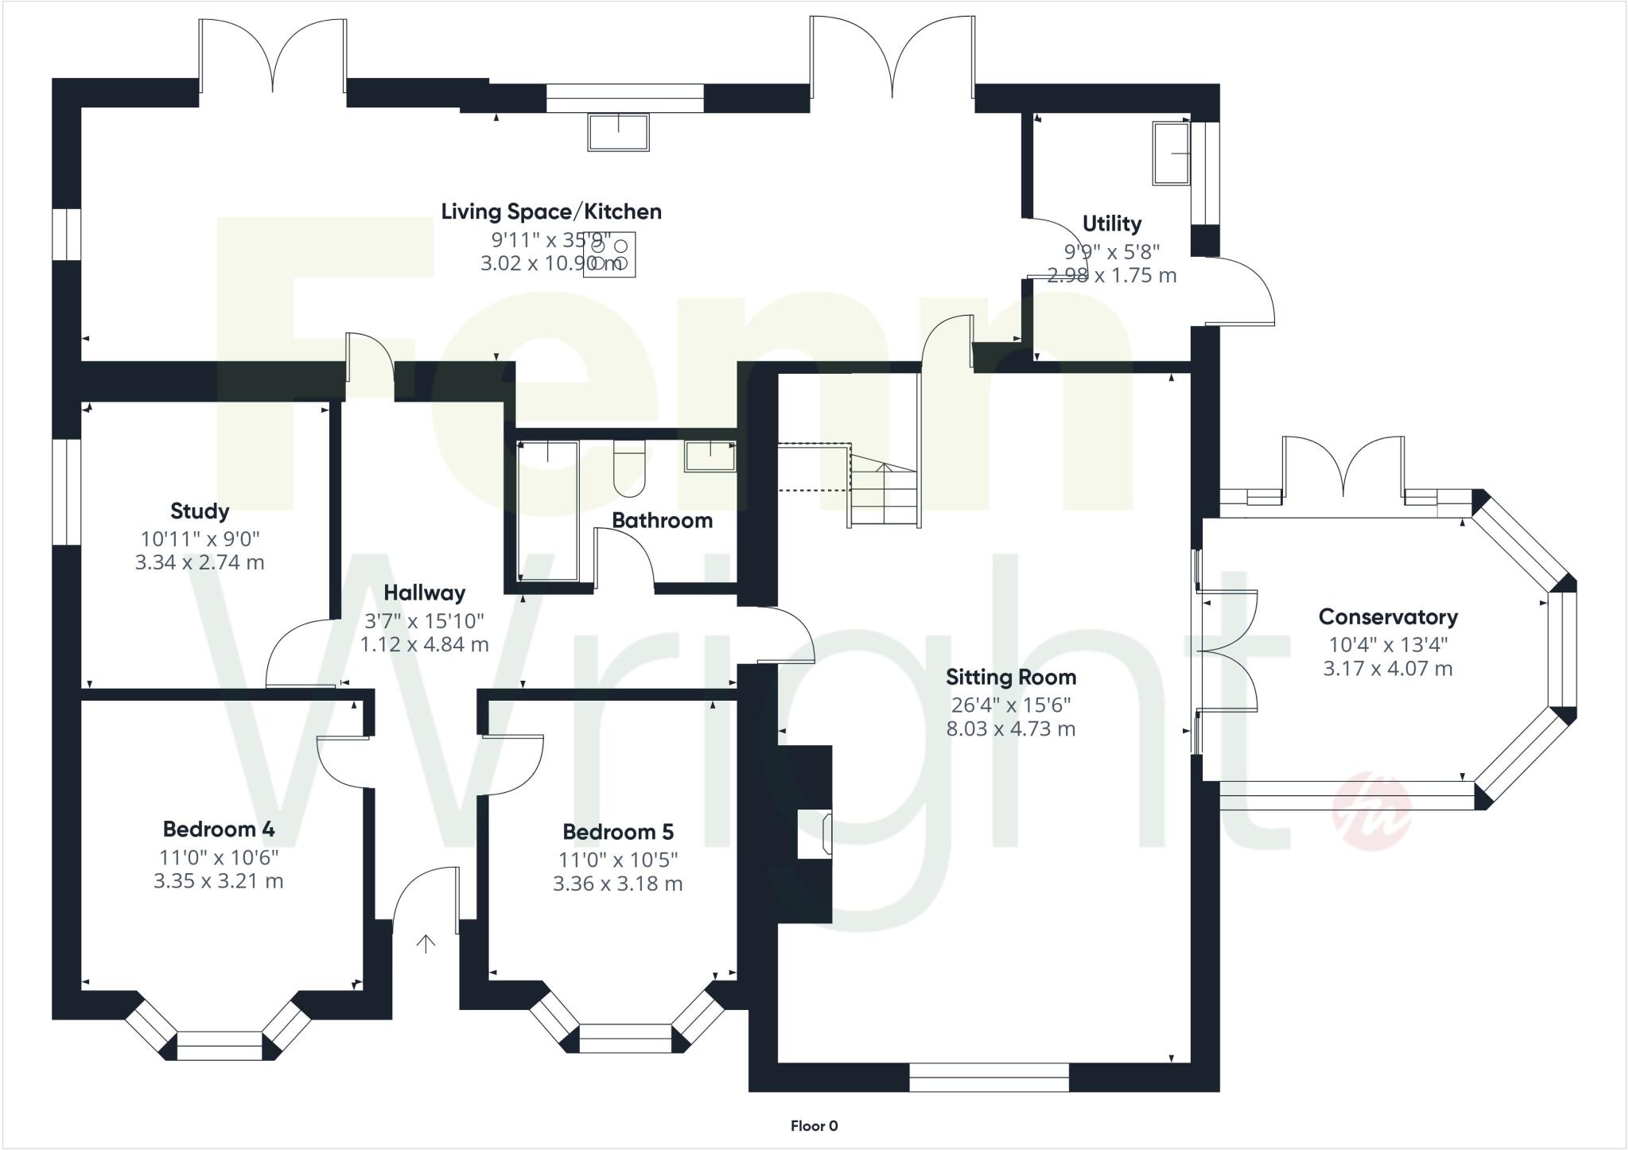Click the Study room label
(200, 511)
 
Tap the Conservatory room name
(1388, 617)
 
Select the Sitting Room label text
(1011, 678)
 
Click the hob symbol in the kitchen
(610, 254)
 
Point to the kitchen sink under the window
(618, 132)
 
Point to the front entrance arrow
(426, 944)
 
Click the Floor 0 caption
(814, 1126)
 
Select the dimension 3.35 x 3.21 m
(219, 881)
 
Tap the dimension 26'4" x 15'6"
(1011, 705)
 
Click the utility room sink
(1172, 153)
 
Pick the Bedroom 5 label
(618, 832)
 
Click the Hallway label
(424, 593)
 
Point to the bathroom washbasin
(710, 457)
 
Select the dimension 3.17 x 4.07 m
(1388, 669)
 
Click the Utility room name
(1111, 224)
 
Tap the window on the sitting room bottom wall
(989, 1078)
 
